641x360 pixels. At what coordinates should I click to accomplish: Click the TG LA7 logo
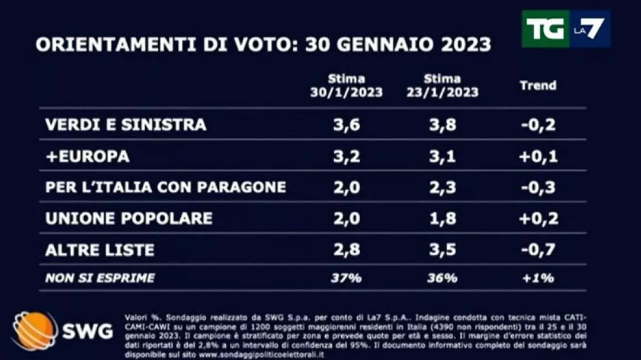click(565, 28)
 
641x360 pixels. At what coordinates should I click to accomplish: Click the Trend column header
click(538, 85)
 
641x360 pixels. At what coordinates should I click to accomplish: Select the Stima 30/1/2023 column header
click(347, 85)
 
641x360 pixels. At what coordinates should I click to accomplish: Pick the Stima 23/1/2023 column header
click(442, 85)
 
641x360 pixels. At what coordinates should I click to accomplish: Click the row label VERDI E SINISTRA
click(126, 124)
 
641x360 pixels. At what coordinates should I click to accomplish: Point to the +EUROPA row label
click(87, 156)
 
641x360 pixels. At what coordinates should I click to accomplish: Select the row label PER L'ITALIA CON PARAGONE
click(166, 188)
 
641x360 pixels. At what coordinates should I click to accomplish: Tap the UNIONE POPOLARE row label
click(129, 218)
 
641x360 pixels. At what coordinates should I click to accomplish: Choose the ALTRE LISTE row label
click(100, 250)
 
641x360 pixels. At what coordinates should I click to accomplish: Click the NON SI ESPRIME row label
click(100, 278)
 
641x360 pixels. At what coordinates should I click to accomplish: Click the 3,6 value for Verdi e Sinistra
click(347, 124)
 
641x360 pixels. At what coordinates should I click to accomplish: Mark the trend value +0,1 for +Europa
click(538, 156)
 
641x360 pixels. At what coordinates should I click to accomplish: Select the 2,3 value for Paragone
click(442, 188)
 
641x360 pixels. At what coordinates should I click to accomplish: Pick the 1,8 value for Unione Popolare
click(442, 218)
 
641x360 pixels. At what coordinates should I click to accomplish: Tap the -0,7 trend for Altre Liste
click(538, 250)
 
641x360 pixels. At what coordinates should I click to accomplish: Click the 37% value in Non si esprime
click(347, 278)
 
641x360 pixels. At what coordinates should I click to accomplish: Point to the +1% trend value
click(538, 278)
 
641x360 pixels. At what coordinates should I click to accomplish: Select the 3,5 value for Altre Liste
click(442, 250)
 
